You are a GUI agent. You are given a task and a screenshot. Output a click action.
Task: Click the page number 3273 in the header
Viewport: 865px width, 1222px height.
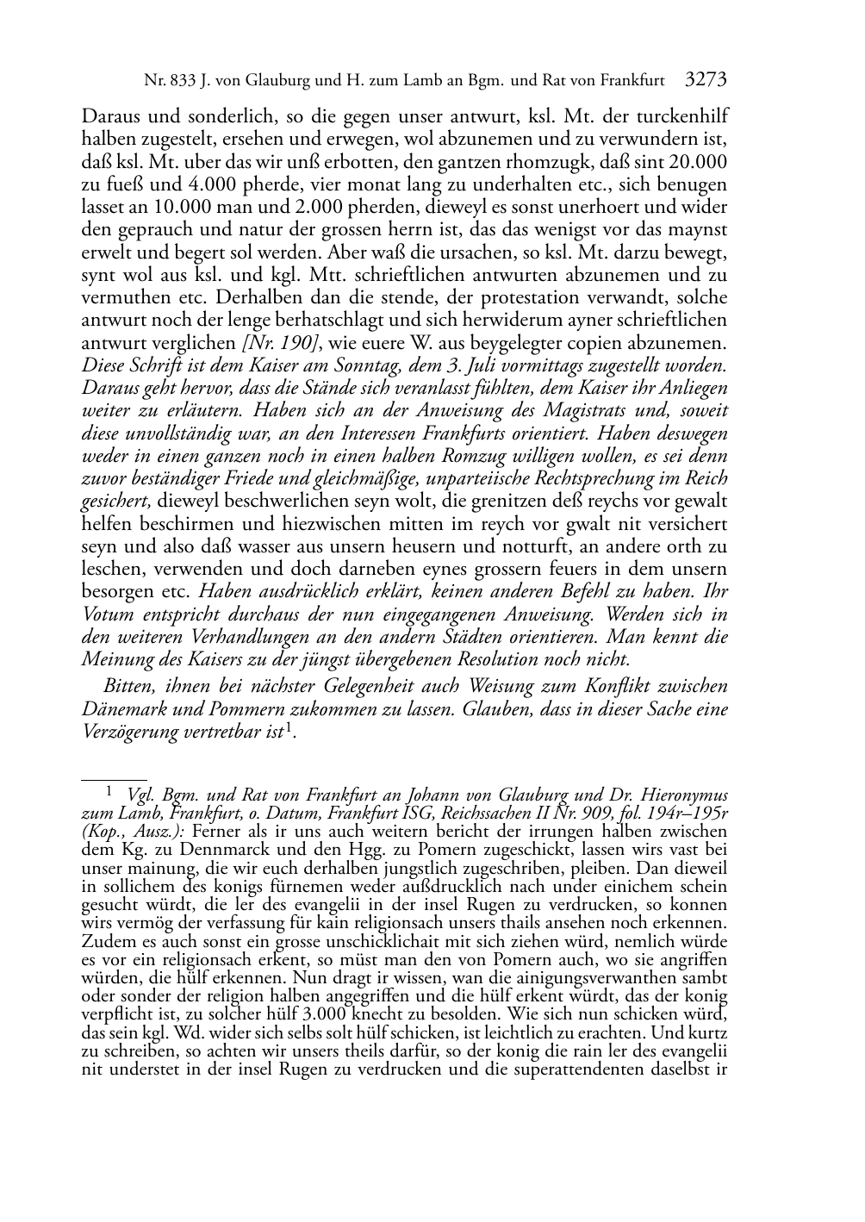click(x=706, y=81)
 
